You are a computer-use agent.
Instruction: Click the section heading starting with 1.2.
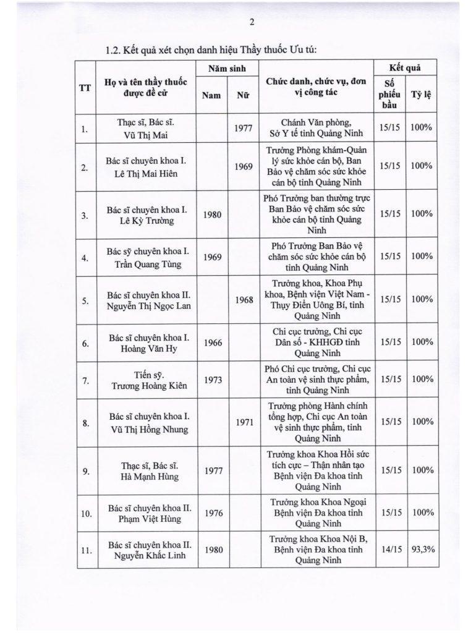[211, 49]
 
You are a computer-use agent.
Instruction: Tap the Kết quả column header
[405, 68]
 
